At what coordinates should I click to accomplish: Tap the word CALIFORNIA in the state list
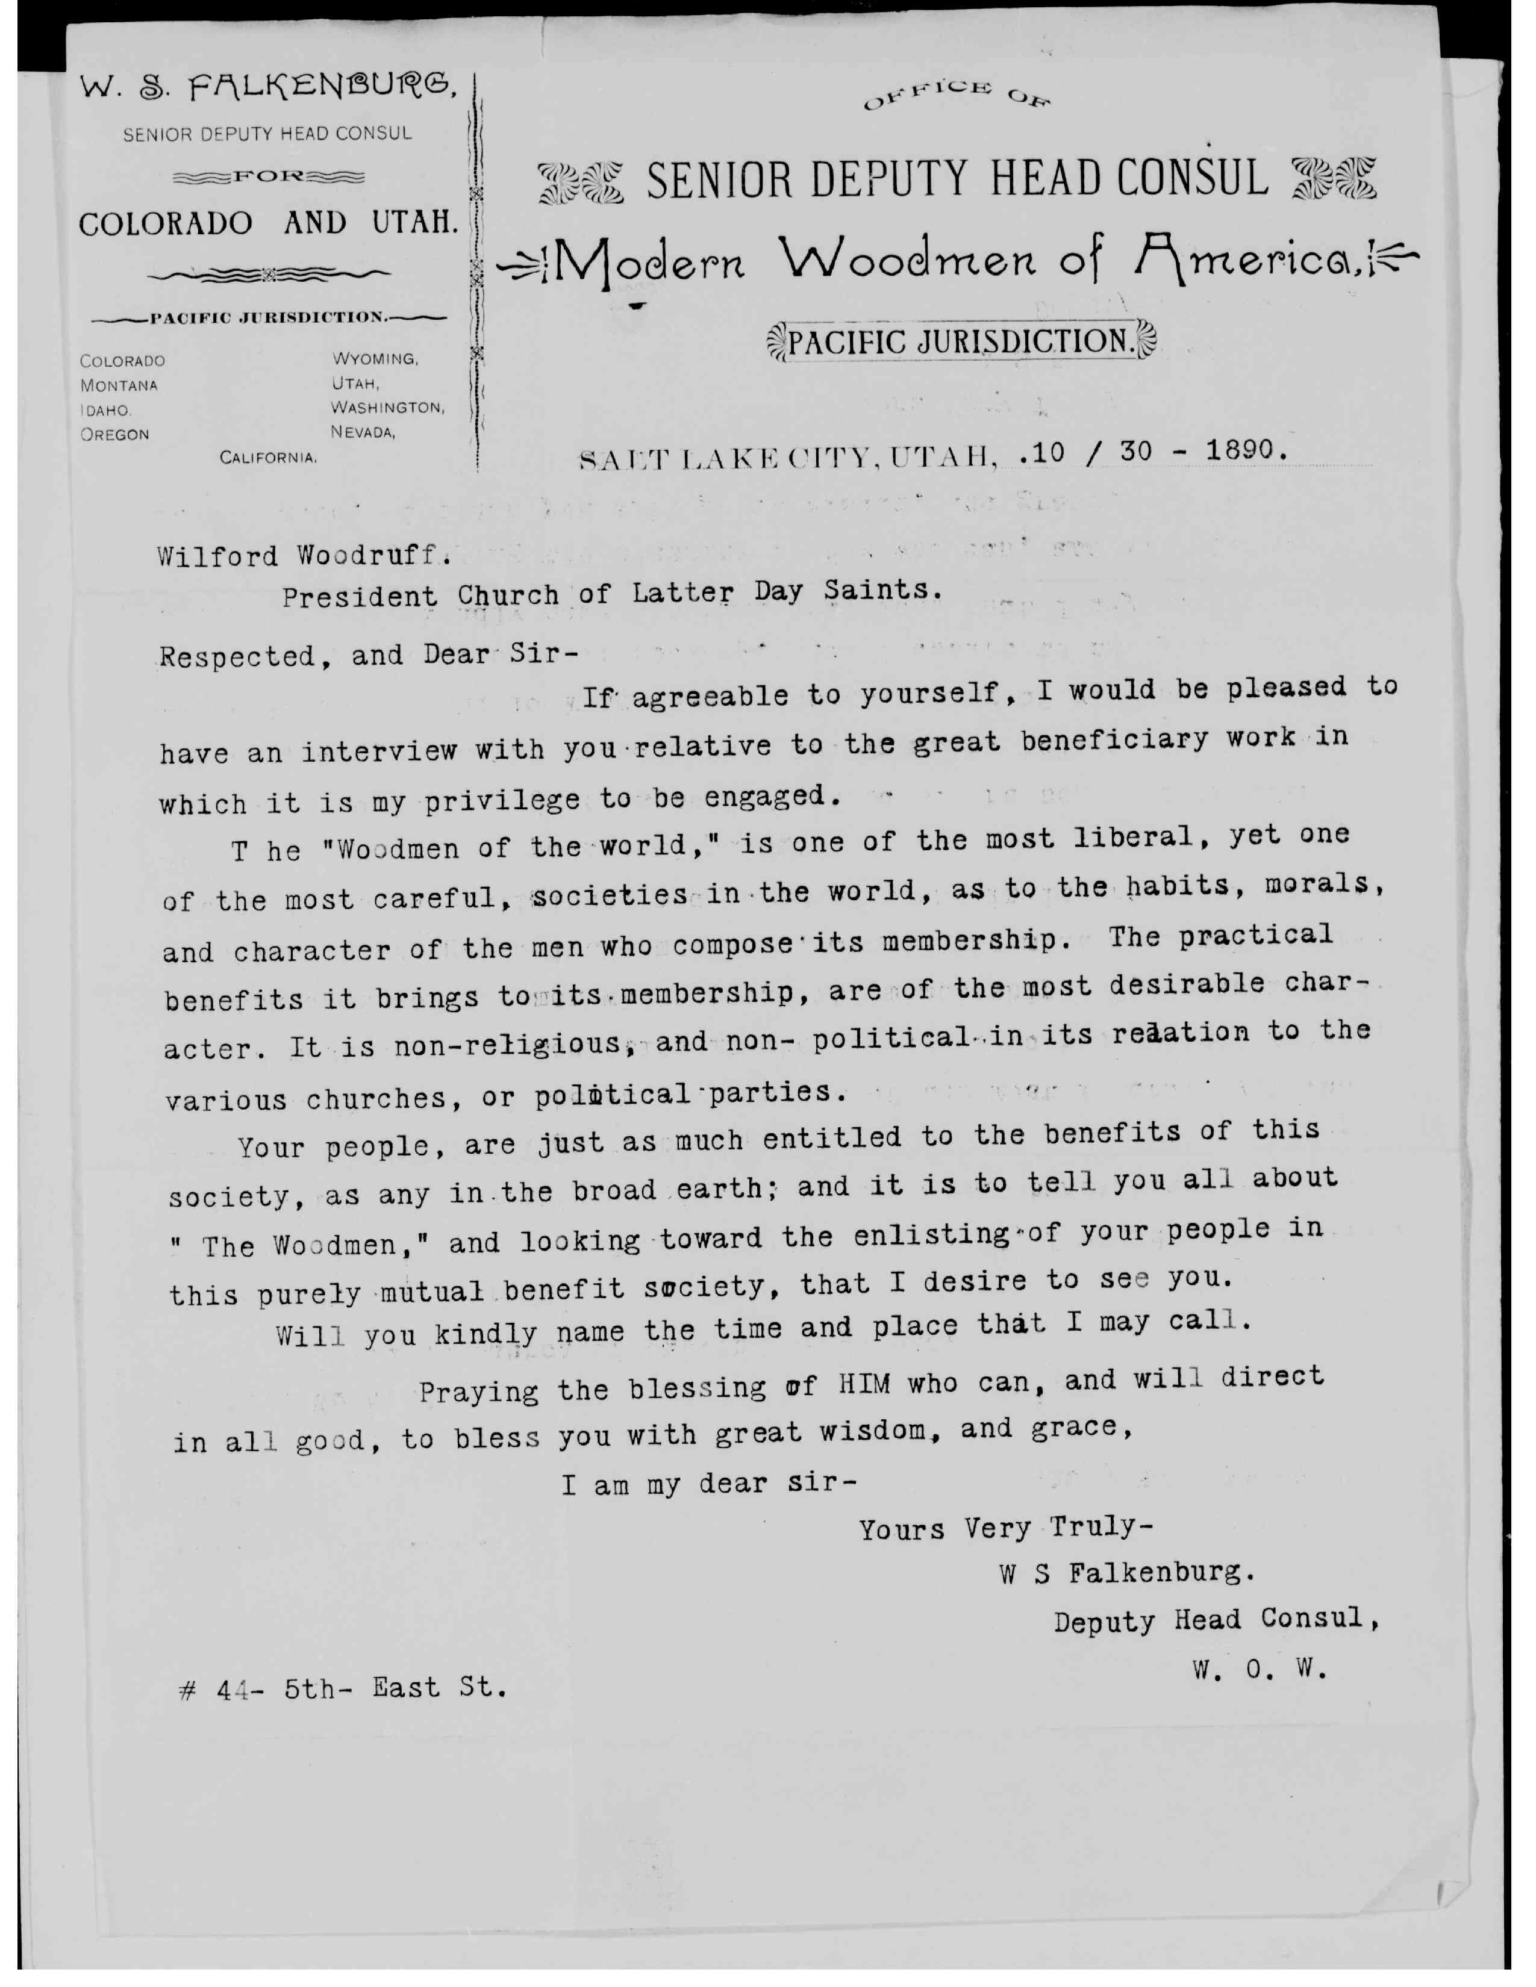point(269,458)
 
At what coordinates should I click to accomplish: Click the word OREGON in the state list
point(114,435)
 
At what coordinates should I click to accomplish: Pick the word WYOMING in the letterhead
point(375,359)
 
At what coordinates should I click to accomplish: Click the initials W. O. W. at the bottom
point(1260,1670)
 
